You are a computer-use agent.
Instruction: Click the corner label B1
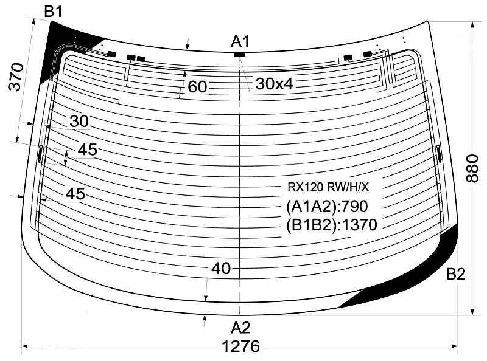[x=54, y=11]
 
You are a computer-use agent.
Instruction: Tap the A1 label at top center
[x=240, y=41]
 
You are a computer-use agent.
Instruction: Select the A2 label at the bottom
[x=240, y=328]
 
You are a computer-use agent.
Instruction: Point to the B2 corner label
[x=455, y=274]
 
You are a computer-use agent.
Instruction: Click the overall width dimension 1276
[x=240, y=346]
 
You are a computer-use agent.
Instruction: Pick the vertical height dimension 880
[x=472, y=168]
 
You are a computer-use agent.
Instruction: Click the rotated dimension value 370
[x=16, y=77]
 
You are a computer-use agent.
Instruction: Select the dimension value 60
[x=197, y=86]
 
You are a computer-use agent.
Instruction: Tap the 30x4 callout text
[x=275, y=84]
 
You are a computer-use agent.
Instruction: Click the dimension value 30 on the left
[x=79, y=122]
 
